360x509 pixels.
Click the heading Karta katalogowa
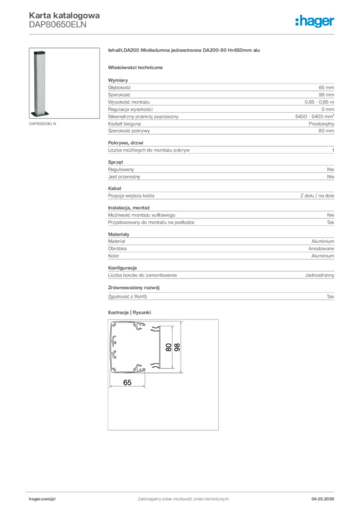pyautogui.click(x=64, y=15)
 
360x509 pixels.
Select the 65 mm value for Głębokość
pyautogui.click(x=327, y=87)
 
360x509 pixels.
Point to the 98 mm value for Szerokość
pyautogui.click(x=327, y=94)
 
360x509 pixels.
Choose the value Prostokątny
pyautogui.click(x=322, y=123)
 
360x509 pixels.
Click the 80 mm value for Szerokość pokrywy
pyautogui.click(x=327, y=131)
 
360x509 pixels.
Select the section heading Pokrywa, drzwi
pyautogui.click(x=126, y=143)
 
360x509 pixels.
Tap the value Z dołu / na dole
pyautogui.click(x=317, y=196)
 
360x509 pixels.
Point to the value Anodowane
pyautogui.click(x=321, y=249)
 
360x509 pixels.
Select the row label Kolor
pyautogui.click(x=114, y=256)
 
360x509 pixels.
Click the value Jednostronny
pyautogui.click(x=319, y=275)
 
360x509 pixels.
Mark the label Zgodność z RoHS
pyautogui.click(x=128, y=297)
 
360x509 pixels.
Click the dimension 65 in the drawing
pyautogui.click(x=128, y=382)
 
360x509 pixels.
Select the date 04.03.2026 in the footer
pyautogui.click(x=323, y=499)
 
